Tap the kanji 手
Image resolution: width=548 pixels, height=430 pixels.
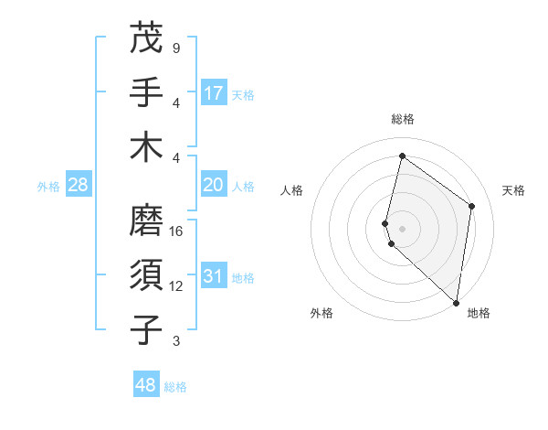click(x=147, y=92)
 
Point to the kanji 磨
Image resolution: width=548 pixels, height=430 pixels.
click(x=147, y=220)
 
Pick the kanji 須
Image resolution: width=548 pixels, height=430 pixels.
click(x=147, y=275)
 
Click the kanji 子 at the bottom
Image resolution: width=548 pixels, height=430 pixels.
click(x=147, y=329)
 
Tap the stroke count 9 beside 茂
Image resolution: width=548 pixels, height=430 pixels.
click(x=175, y=48)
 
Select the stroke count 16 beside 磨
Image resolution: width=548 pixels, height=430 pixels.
click(x=177, y=231)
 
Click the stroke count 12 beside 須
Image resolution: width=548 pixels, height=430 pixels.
click(x=177, y=286)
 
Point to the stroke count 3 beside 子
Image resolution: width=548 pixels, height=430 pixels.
click(x=175, y=341)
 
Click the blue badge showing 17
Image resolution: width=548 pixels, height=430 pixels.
click(x=214, y=93)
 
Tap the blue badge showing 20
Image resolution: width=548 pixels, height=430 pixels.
click(x=214, y=185)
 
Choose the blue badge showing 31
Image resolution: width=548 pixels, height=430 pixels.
click(x=214, y=276)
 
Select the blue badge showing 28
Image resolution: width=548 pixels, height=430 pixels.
click(x=78, y=186)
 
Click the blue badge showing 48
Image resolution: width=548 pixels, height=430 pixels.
click(x=146, y=385)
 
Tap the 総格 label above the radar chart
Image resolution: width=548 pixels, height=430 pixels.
click(x=403, y=119)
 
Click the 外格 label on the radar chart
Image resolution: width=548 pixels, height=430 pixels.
click(x=321, y=313)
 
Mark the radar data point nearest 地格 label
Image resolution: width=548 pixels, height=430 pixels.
click(x=455, y=303)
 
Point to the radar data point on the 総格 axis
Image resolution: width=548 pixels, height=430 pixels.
click(x=402, y=156)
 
